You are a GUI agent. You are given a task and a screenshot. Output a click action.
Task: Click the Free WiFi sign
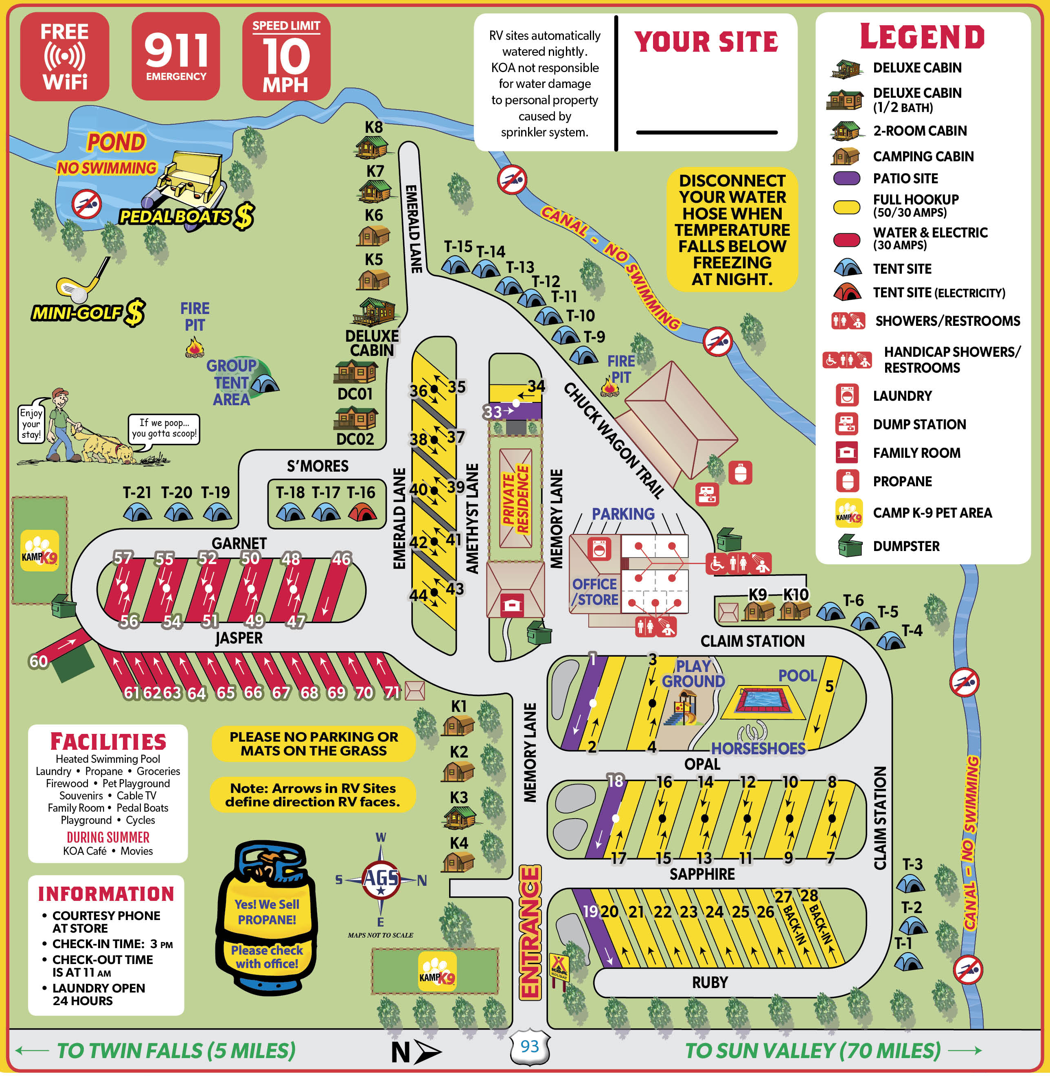pyautogui.click(x=64, y=56)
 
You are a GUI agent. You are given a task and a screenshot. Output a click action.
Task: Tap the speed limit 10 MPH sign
pyautogui.click(x=286, y=56)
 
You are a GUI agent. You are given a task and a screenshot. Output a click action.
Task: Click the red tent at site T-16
pyautogui.click(x=362, y=513)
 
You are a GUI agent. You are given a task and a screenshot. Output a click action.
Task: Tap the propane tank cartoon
pyautogui.click(x=267, y=918)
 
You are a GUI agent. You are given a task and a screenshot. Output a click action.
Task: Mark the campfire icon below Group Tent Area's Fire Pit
pyautogui.click(x=194, y=349)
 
